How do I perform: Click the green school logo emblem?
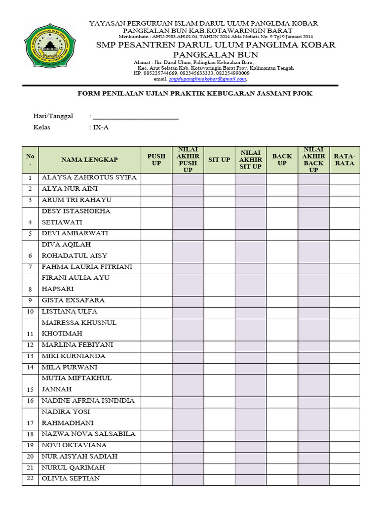coord(48,48)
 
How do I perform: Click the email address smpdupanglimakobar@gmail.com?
coord(207,79)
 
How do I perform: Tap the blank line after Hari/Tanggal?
coord(136,117)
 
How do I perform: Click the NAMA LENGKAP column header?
coord(89,160)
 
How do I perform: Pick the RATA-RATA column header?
coord(344,160)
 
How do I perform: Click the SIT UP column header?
coord(219,160)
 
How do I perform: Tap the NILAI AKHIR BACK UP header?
coord(313,160)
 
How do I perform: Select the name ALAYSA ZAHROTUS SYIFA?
coord(89,177)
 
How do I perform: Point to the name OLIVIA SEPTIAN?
coord(71,478)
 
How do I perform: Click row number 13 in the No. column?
coord(30,356)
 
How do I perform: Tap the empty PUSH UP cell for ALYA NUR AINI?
coord(156,189)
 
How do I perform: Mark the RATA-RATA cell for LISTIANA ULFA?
coord(344,312)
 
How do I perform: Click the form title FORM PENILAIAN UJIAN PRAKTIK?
coord(196,93)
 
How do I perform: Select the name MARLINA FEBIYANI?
coord(77,345)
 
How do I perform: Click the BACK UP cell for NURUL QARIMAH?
coord(282,467)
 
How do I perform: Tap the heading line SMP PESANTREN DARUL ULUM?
coord(215,45)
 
